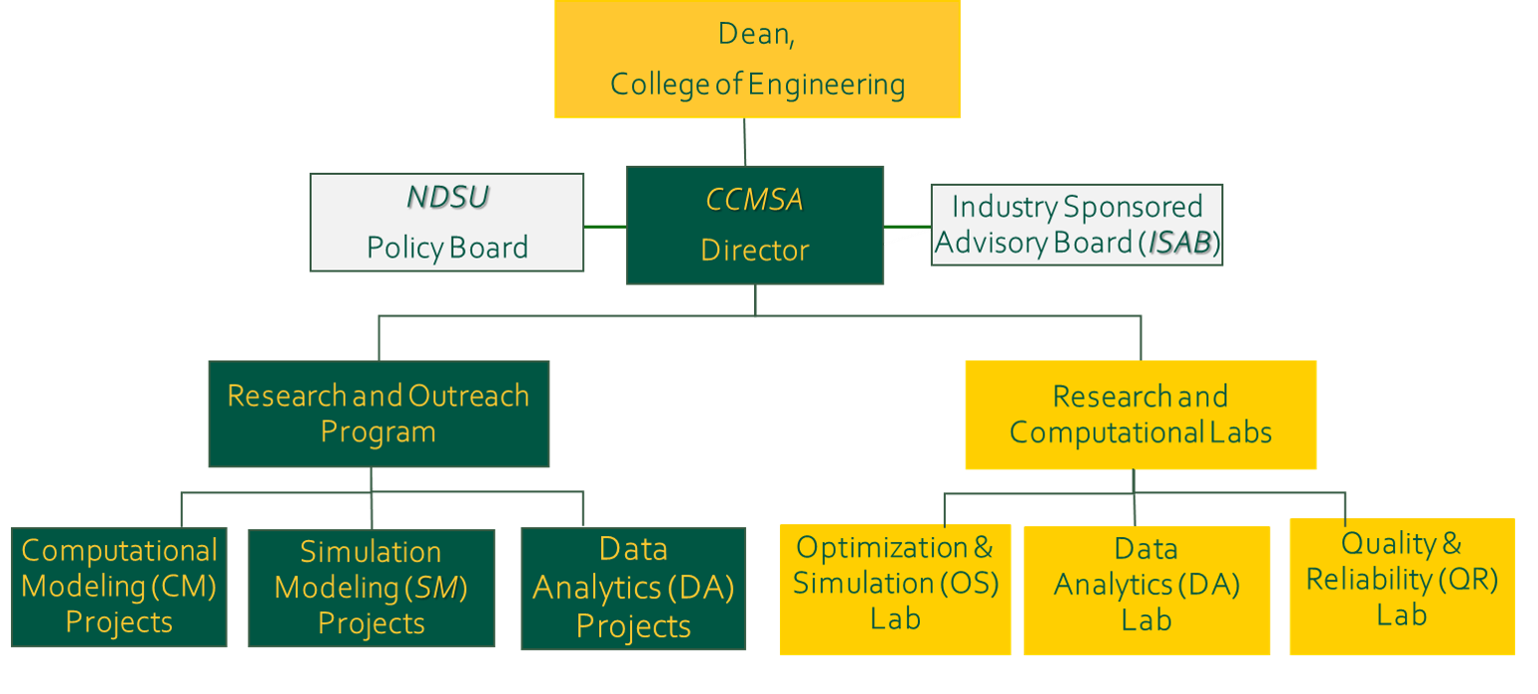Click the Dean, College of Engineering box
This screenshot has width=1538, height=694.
[x=757, y=60]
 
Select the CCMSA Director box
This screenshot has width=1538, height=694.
[x=755, y=226]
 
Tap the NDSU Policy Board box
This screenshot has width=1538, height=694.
[x=446, y=223]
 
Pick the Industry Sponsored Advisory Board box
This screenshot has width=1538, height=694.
[x=1077, y=225]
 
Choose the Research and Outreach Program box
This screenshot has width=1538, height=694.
[x=379, y=413]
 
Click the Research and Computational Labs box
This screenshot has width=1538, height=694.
[x=1141, y=414]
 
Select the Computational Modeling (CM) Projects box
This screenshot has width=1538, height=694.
[x=119, y=587]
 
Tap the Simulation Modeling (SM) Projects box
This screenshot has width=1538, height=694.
[x=372, y=588]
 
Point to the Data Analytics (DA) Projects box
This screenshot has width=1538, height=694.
[x=633, y=588]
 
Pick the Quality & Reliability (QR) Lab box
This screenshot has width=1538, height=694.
[x=1402, y=587]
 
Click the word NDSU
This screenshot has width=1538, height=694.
[x=447, y=198]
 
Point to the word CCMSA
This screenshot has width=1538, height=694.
[x=754, y=201]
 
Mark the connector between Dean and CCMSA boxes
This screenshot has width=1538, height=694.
[x=745, y=143]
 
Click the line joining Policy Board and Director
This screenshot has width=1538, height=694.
[x=605, y=227]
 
